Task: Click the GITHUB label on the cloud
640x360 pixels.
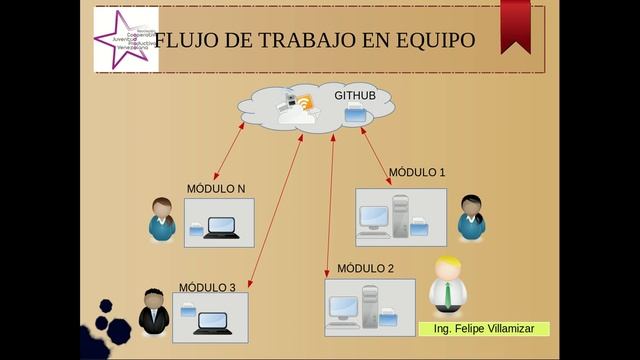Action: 355,95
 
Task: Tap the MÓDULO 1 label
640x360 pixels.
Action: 417,172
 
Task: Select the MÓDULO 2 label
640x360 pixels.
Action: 365,268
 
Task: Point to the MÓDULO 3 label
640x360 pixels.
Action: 207,288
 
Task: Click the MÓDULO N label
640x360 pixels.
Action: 216,189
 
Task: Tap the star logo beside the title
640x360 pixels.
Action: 125,39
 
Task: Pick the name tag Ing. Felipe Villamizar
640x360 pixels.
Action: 484,329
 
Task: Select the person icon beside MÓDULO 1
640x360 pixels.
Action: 471,217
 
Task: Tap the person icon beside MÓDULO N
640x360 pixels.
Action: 162,220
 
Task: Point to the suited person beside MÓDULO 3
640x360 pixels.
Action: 153,311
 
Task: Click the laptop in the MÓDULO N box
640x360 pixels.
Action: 219,228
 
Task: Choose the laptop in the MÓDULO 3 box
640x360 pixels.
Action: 213,323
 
